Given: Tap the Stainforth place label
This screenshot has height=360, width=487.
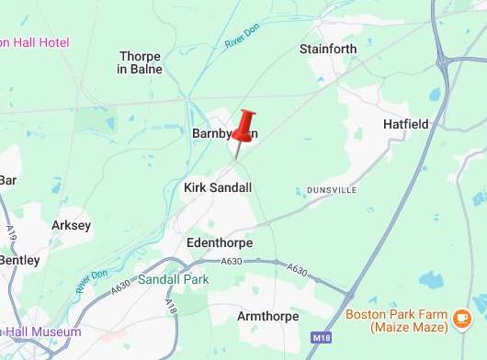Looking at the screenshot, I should [328, 49].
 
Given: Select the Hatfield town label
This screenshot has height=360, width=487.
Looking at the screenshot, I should [405, 123].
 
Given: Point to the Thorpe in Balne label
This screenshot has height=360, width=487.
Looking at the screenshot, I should [141, 62].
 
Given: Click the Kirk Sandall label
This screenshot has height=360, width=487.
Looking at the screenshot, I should [218, 187].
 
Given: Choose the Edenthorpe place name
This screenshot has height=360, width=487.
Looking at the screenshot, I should [219, 242].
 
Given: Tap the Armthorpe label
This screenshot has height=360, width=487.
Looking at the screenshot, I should [267, 316].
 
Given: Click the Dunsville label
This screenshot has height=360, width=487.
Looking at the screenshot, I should [332, 190].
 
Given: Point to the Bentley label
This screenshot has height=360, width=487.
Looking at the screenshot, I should [18, 260].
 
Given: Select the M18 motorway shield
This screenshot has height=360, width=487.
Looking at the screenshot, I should [320, 337].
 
